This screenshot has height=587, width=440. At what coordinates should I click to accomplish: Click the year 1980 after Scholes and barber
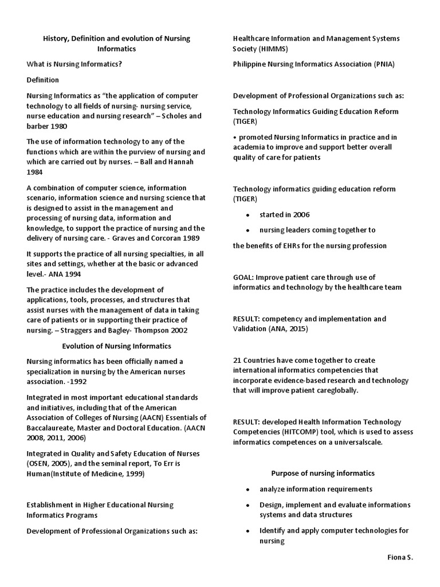(56, 126)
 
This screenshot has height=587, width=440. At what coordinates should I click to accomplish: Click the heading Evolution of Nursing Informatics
(116, 346)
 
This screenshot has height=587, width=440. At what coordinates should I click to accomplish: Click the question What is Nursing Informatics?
(74, 64)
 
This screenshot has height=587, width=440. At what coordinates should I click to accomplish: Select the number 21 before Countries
(237, 360)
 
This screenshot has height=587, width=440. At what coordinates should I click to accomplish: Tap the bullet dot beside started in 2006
(247, 215)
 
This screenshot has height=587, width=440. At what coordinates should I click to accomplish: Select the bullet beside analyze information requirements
(247, 489)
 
